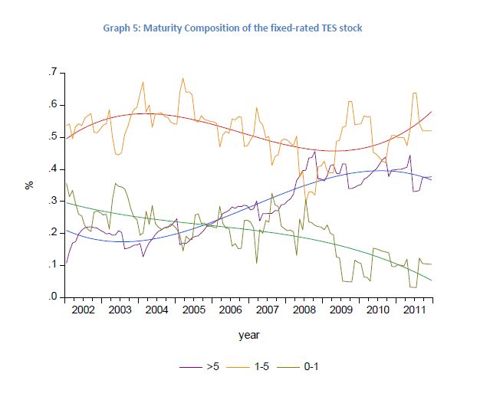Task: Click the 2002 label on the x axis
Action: click(83, 310)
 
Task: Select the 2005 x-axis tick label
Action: click(193, 310)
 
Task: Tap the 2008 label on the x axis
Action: click(303, 310)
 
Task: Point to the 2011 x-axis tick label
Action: click(413, 310)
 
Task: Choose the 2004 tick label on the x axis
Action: click(156, 310)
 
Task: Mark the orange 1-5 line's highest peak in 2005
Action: click(183, 77)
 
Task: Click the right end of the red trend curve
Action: click(432, 111)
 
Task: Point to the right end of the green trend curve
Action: click(432, 280)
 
